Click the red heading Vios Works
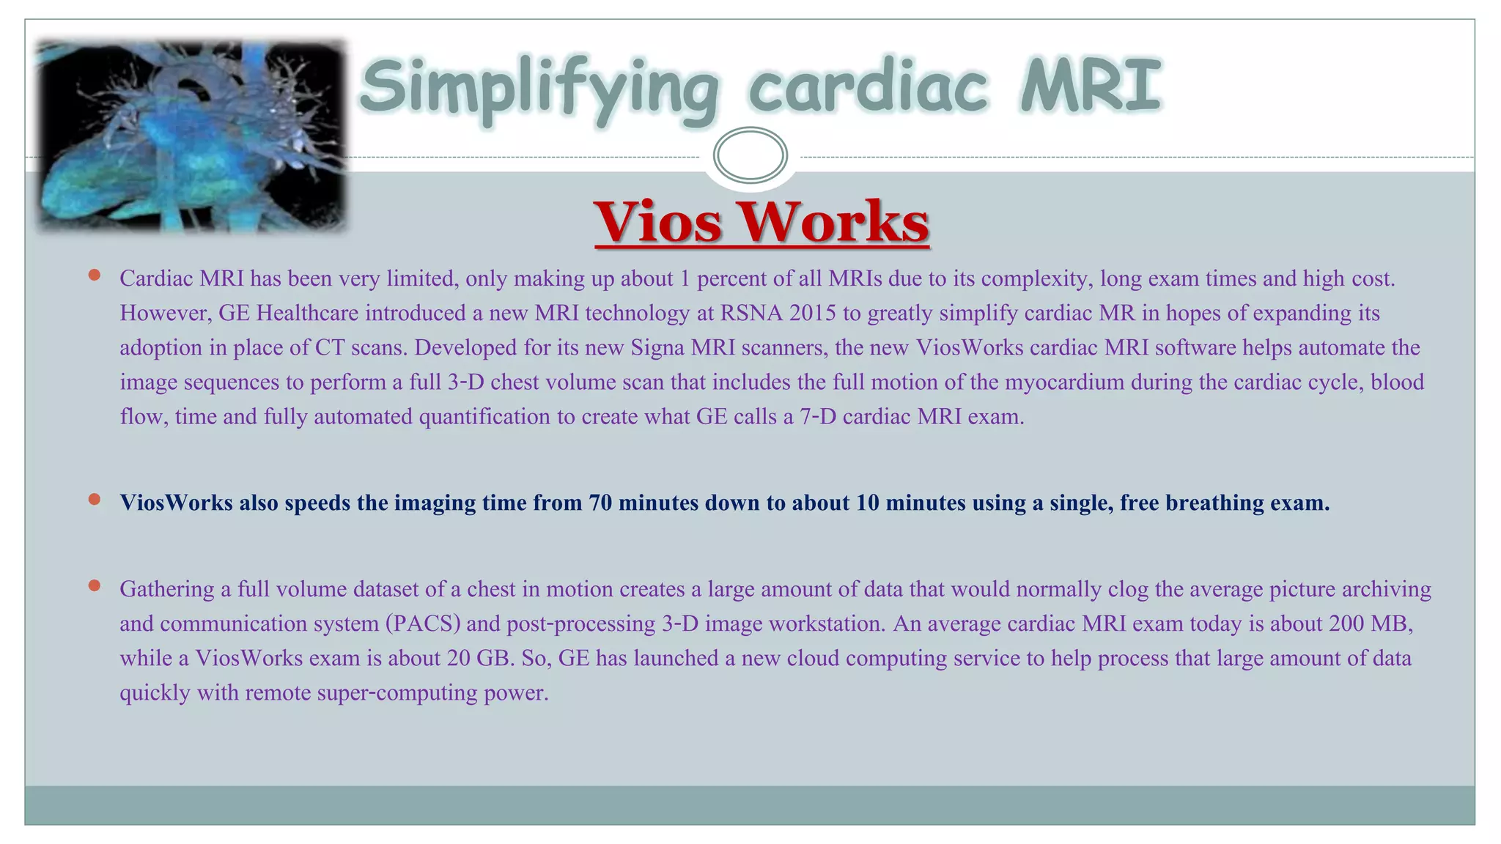pos(761,221)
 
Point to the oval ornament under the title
pos(750,155)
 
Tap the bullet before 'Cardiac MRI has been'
pos(94,275)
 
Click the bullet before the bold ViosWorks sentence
pos(94,500)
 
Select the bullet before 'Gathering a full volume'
pos(94,585)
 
